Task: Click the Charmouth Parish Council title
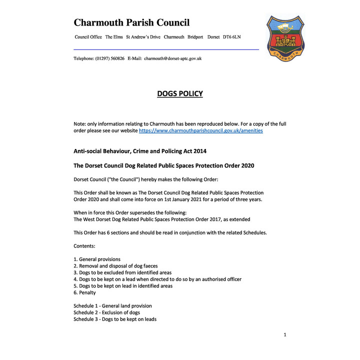coord(131,22)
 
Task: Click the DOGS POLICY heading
coord(179,93)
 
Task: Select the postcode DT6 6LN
coord(234,37)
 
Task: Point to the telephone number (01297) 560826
coord(109,58)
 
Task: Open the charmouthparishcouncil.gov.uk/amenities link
coord(200,130)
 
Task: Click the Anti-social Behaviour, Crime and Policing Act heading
coord(139,151)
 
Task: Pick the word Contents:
coord(84,246)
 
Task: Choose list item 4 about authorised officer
coord(157,279)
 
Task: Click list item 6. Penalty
coord(84,292)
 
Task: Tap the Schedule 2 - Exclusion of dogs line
coord(106,312)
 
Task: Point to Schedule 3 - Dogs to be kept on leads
coord(114,319)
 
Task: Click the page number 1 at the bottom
coord(285,334)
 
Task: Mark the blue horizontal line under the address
coord(166,49)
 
